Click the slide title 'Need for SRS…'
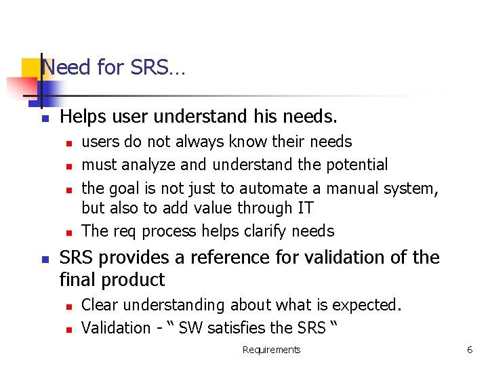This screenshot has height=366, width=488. [113, 68]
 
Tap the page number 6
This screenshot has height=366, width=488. [469, 350]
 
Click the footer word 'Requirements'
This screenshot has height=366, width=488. [271, 350]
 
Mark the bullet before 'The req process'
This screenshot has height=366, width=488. [68, 232]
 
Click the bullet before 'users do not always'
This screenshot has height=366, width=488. [68, 143]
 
